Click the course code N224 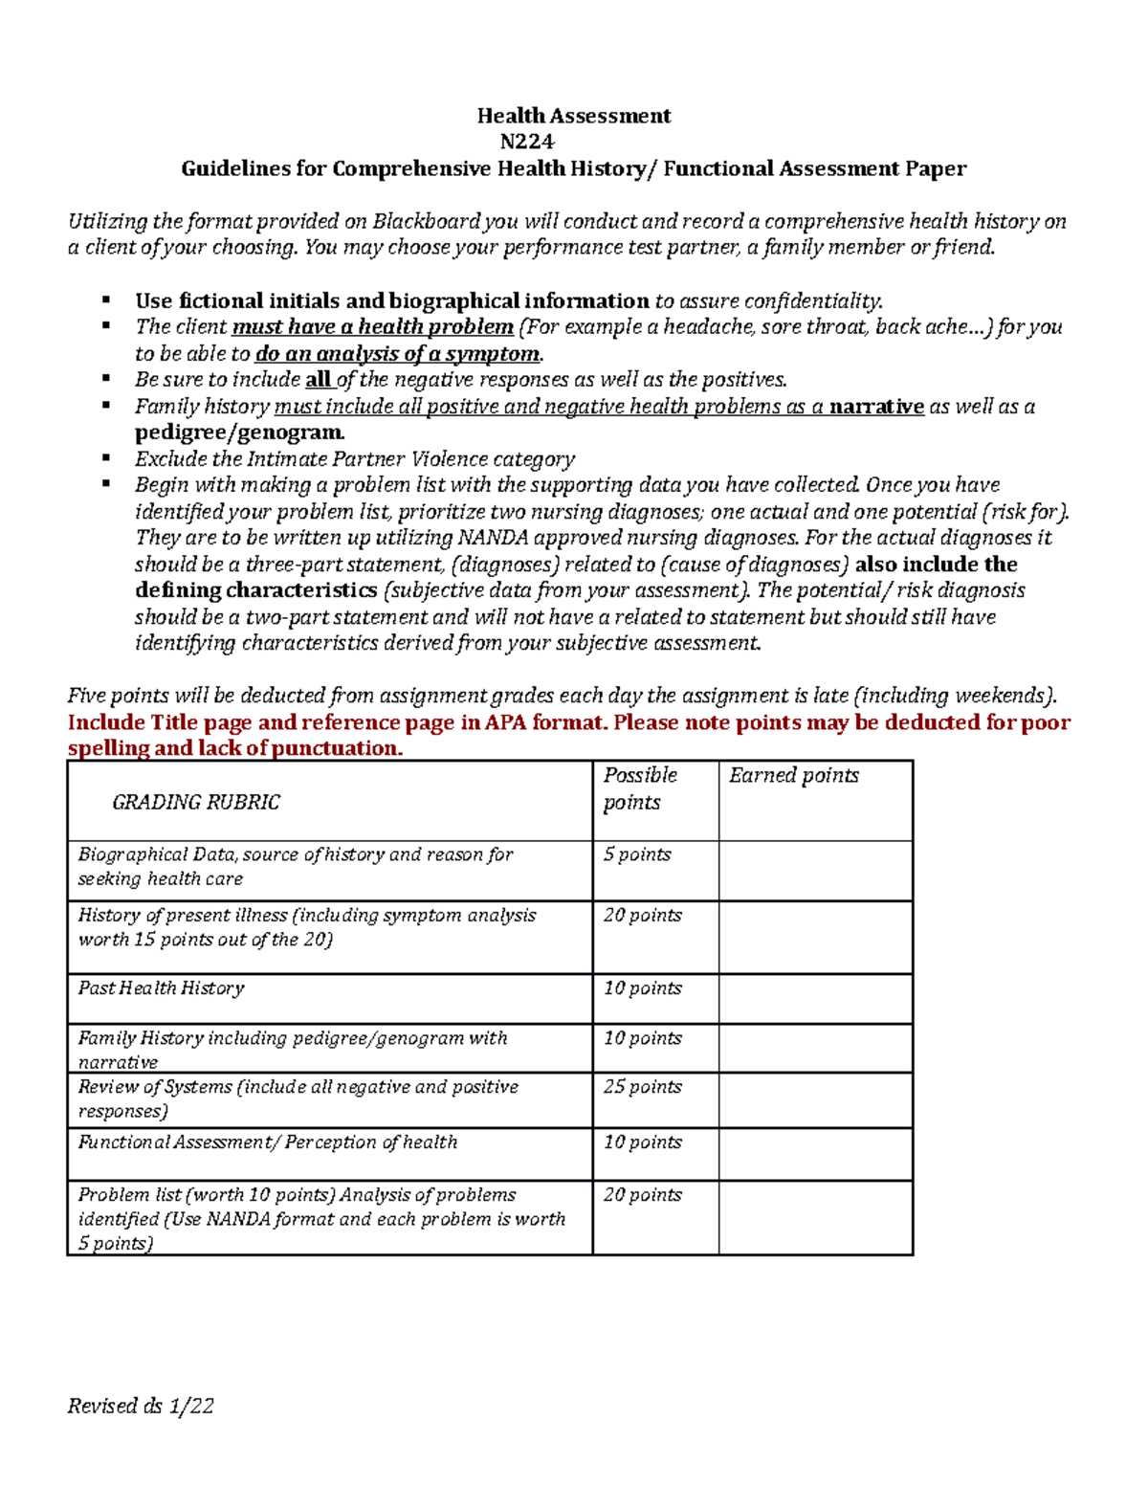526,142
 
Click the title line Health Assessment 574,116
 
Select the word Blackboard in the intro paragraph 426,221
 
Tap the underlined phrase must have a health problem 372,326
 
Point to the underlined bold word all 318,379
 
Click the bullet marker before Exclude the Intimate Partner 107,457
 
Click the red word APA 505,721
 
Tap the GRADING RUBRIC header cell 196,802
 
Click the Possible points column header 639,788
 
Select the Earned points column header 793,775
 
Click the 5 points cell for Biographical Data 637,854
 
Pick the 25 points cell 642,1086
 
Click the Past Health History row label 161,987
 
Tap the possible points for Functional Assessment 642,1142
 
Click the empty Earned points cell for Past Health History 815,999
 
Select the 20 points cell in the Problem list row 642,1194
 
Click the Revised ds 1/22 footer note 141,1405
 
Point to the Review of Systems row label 298,1098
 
